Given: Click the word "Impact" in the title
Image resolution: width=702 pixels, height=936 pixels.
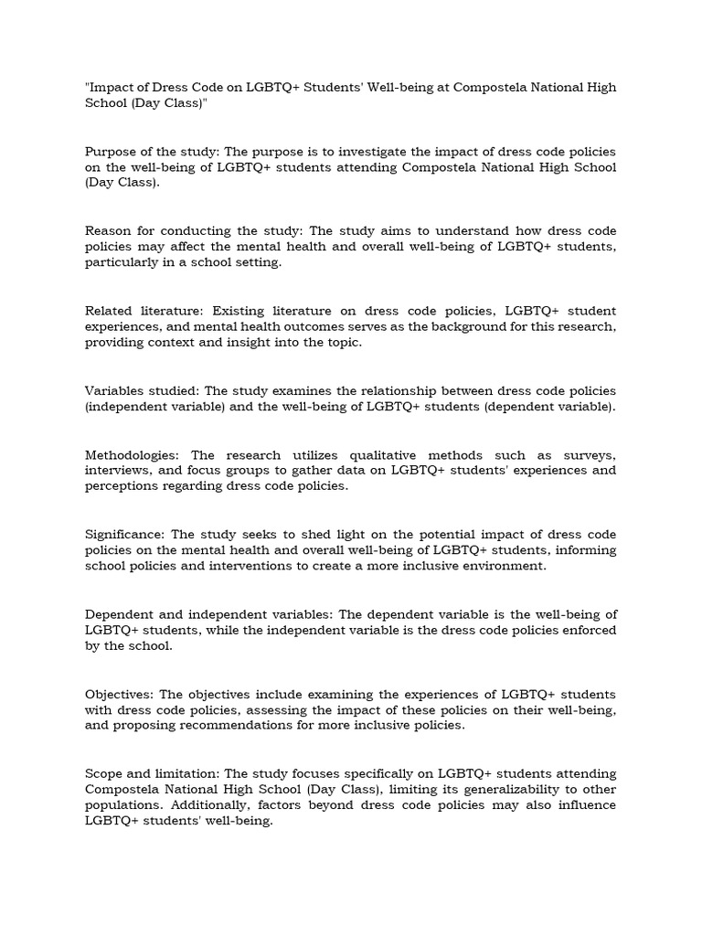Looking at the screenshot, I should click(x=112, y=88).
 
